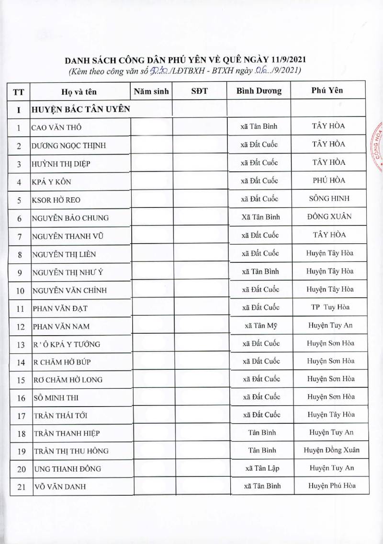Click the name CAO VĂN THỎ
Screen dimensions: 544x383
[x=56, y=128]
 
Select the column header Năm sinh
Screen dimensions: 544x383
[x=151, y=91]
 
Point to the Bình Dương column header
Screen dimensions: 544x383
[x=259, y=91]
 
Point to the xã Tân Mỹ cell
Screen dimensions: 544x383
[x=259, y=325]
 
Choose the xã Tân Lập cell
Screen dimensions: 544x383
[x=259, y=468]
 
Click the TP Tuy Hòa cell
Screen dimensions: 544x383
[x=330, y=307]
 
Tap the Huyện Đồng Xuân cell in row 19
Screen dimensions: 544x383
[x=331, y=450]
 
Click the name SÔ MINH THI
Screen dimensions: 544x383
[x=56, y=397]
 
